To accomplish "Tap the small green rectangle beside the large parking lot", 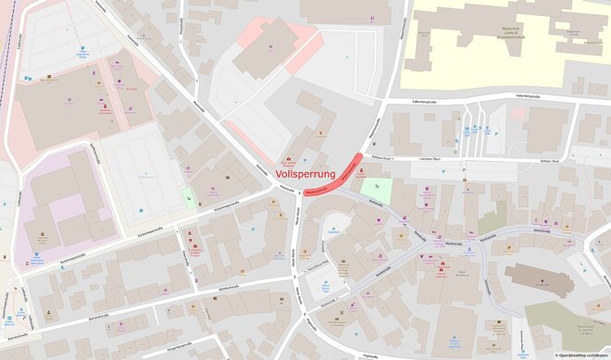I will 189,196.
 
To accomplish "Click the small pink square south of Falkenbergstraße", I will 517,114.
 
